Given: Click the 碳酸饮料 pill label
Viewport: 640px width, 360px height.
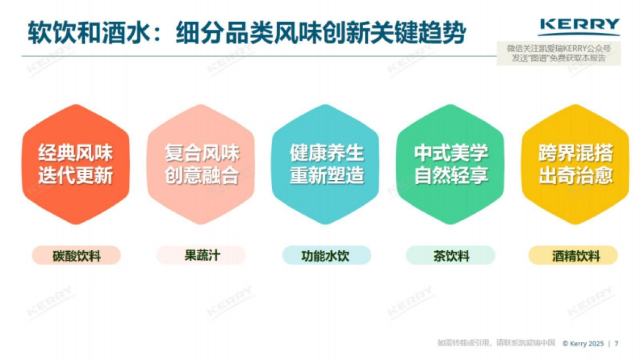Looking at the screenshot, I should [x=76, y=256].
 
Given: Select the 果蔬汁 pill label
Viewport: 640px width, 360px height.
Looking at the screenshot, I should [x=201, y=255].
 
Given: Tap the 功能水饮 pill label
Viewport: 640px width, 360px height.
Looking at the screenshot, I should [x=326, y=255].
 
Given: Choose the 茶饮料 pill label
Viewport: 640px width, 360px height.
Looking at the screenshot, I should [x=451, y=256].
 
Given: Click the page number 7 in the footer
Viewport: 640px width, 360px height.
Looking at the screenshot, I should [x=617, y=344].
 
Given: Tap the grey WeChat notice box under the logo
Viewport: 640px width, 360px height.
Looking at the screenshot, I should [x=558, y=54].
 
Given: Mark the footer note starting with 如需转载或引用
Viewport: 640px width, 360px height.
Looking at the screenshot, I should [x=496, y=343].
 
